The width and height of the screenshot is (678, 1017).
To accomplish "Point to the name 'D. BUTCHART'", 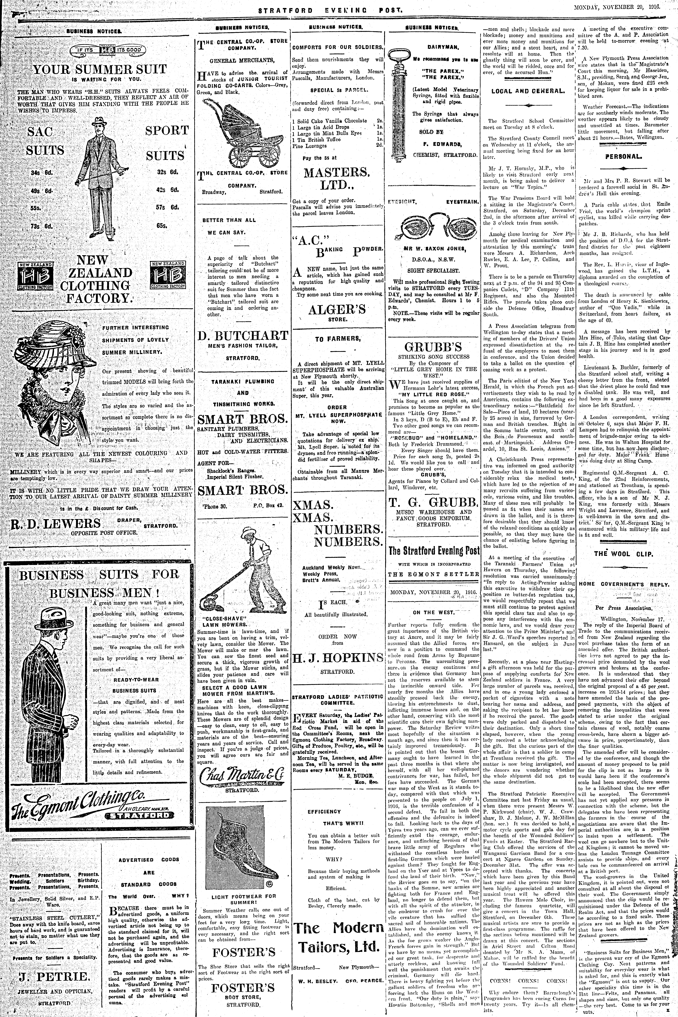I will click(x=243, y=335).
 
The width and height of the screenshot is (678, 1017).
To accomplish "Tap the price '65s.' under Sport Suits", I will click(x=162, y=225).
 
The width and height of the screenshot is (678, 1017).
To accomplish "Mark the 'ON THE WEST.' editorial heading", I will click(x=434, y=612).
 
